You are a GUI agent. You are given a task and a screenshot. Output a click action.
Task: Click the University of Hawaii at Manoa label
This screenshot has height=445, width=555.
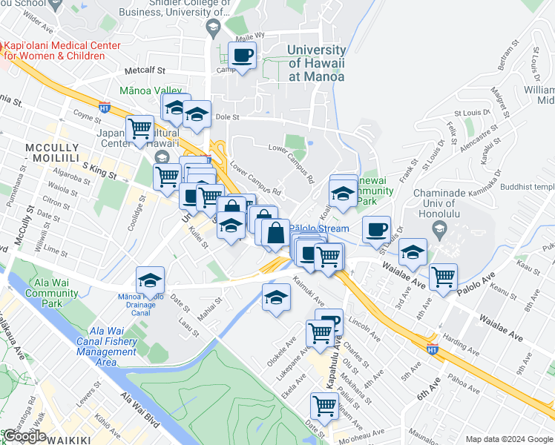click(315, 63)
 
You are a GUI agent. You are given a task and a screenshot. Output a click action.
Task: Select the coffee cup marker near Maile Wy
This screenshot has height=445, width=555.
click(242, 55)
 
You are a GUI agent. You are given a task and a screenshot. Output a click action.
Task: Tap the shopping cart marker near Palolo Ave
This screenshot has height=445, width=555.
click(443, 277)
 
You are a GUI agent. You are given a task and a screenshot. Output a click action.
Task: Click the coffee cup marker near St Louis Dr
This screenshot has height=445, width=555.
click(377, 228)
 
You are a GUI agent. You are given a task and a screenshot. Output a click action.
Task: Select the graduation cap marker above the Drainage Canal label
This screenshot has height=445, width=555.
click(150, 281)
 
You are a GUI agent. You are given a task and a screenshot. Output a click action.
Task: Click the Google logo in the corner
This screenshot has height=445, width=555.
click(24, 436)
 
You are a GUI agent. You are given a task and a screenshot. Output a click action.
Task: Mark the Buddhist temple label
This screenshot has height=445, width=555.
click(528, 188)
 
